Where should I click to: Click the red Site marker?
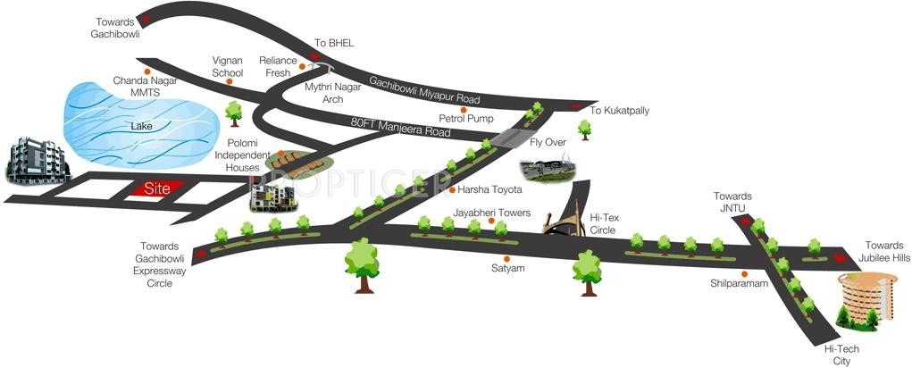point(156,189)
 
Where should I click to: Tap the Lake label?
point(141,127)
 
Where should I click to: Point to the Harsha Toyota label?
point(489,190)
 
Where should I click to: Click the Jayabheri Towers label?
point(491,213)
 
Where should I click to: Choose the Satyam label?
point(508,267)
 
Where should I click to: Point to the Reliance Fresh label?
point(277,67)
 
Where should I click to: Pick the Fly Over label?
point(548,142)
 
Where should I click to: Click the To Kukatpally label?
point(619,111)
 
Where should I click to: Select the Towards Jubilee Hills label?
point(886,251)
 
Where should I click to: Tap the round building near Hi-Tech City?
point(866,299)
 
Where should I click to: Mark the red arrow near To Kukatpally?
point(575,108)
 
